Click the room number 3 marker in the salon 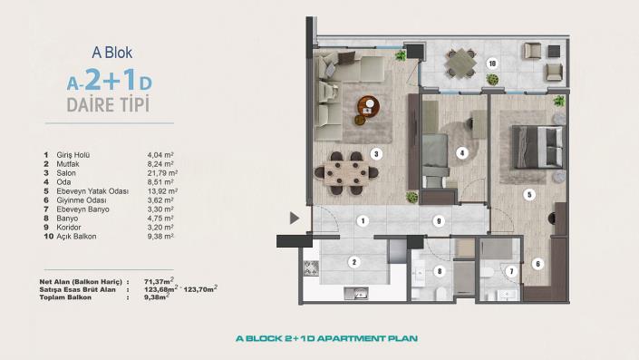point(375,153)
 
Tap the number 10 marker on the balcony point(491,63)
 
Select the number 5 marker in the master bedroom point(529,194)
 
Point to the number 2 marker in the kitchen point(353,262)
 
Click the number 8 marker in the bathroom point(440,270)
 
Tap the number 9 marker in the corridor point(438,219)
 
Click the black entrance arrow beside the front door point(293,218)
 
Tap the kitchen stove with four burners point(311,268)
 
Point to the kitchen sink point(360,293)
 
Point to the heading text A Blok point(112,54)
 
